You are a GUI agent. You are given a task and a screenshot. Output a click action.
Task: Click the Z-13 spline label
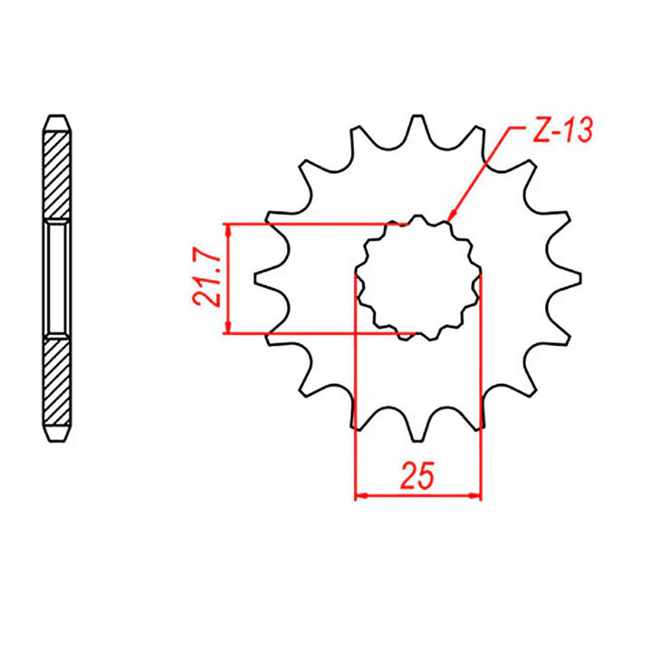click(559, 131)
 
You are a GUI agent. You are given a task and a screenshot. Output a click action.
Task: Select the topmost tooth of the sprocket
click(417, 127)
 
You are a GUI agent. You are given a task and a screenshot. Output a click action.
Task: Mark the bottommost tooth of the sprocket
click(417, 426)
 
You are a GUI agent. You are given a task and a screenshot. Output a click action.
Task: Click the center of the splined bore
click(417, 276)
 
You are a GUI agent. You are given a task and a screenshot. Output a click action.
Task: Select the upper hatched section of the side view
click(57, 172)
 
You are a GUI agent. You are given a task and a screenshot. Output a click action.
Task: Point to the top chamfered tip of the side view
click(57, 121)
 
